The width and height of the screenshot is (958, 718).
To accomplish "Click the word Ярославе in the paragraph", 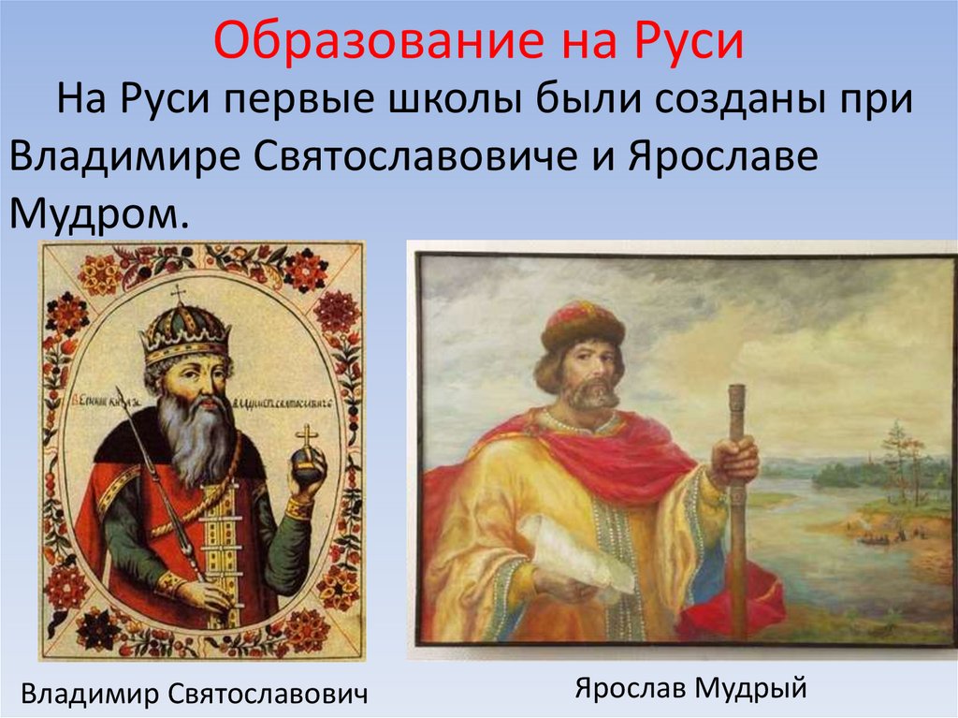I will (x=721, y=156).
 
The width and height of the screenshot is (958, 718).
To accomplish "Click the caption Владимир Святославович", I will (x=195, y=694).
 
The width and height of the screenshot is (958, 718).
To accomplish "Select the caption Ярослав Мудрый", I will (x=690, y=689).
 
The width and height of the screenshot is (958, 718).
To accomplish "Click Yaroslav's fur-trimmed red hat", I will (x=582, y=324).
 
